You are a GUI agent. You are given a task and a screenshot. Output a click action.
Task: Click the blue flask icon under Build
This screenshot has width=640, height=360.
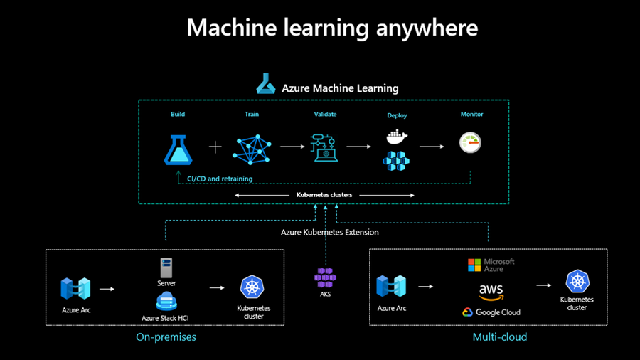tap(178, 150)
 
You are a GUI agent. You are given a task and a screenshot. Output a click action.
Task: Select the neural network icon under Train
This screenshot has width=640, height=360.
tap(252, 149)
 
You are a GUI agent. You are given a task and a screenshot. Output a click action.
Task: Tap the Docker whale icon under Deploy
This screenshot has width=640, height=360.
tap(397, 137)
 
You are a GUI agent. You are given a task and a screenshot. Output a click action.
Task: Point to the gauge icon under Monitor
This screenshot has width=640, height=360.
tap(470, 142)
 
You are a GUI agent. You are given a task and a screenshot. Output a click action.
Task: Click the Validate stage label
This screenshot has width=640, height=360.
tap(325, 115)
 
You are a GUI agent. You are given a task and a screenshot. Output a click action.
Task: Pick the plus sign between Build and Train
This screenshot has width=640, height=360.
tap(215, 147)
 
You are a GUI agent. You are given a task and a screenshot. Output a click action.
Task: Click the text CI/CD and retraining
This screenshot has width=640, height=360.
tap(220, 179)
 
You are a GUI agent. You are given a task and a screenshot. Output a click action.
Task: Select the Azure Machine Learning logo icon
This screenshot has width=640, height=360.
tap(266, 84)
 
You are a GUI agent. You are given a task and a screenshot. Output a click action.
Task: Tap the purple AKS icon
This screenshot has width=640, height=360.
tap(325, 277)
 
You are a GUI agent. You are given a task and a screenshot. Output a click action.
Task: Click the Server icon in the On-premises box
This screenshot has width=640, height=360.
tap(166, 268)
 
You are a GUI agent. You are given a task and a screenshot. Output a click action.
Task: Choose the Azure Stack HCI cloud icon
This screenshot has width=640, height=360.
tap(166, 301)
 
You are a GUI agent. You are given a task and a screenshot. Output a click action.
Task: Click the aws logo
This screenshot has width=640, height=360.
tap(491, 292)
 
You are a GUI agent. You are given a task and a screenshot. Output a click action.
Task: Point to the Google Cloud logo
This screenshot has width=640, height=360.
tap(491, 312)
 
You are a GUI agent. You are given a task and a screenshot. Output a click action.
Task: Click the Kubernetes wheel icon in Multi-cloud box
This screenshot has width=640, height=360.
tap(577, 281)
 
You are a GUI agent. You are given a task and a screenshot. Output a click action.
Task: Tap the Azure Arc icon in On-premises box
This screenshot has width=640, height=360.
tap(75, 288)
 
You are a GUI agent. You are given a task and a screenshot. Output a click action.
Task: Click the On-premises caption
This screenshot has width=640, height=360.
tap(166, 337)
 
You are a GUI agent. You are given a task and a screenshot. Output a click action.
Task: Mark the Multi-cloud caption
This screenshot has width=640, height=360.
tap(500, 337)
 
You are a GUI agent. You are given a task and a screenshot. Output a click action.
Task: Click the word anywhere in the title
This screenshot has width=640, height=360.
tap(427, 28)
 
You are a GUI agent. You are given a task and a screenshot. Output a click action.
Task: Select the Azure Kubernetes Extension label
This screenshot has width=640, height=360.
tap(330, 232)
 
